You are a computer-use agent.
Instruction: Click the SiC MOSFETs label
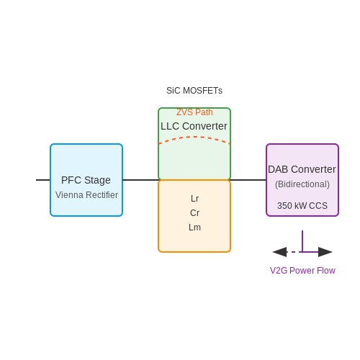pyautogui.click(x=194, y=91)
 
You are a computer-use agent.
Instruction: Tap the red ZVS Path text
pyautogui.click(x=194, y=112)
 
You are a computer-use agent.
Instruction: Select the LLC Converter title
pyautogui.click(x=194, y=126)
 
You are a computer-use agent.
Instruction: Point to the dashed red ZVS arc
pyautogui.click(x=194, y=137)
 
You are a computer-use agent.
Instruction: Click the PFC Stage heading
pyautogui.click(x=86, y=180)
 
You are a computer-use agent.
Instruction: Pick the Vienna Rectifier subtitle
pyautogui.click(x=86, y=195)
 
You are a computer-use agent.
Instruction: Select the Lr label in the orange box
pyautogui.click(x=194, y=199)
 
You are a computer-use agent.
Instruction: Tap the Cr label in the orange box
pyautogui.click(x=194, y=213)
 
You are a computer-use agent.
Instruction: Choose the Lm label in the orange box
pyautogui.click(x=194, y=228)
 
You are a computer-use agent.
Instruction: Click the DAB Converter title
pyautogui.click(x=302, y=169)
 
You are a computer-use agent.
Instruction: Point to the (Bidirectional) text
pyautogui.click(x=302, y=184)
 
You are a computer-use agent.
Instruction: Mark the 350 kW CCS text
pyautogui.click(x=302, y=206)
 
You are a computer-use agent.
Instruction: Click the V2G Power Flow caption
pyautogui.click(x=302, y=271)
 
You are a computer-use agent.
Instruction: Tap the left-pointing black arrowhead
pyautogui.click(x=279, y=252)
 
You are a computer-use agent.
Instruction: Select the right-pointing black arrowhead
pyautogui.click(x=325, y=252)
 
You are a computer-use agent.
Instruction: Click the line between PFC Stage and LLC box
pyautogui.click(x=140, y=180)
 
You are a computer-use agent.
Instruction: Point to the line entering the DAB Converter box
pyautogui.click(x=248, y=180)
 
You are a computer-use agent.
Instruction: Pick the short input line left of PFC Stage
pyautogui.click(x=43, y=180)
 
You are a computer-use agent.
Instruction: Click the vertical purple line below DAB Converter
pyautogui.click(x=302, y=241)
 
